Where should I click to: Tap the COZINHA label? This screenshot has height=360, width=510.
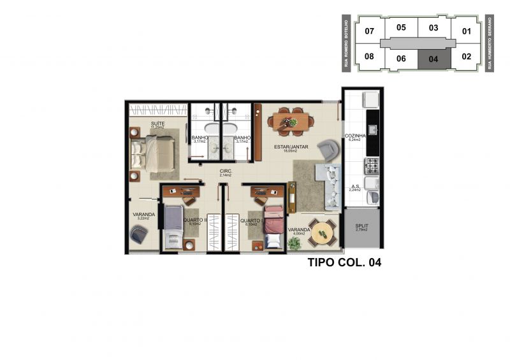pyautogui.click(x=354, y=136)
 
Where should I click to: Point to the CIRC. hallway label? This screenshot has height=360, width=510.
pyautogui.click(x=225, y=171)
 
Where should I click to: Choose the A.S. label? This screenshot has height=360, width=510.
pyautogui.click(x=354, y=186)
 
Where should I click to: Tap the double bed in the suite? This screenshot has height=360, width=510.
pyautogui.click(x=154, y=154)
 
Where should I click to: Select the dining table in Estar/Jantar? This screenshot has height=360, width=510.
pyautogui.click(x=290, y=120)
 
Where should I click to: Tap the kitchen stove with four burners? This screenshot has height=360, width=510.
pyautogui.click(x=372, y=166)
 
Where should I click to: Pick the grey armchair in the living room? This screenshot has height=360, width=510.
pyautogui.click(x=330, y=150)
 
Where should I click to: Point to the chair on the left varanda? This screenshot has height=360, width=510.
pyautogui.click(x=138, y=234)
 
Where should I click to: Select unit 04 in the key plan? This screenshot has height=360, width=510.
pyautogui.click(x=433, y=59)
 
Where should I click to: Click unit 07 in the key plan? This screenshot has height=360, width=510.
pyautogui.click(x=369, y=31)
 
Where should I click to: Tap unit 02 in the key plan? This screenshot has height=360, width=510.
pyautogui.click(x=466, y=57)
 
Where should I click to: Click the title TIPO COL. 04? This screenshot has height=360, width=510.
pyautogui.click(x=344, y=262)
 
